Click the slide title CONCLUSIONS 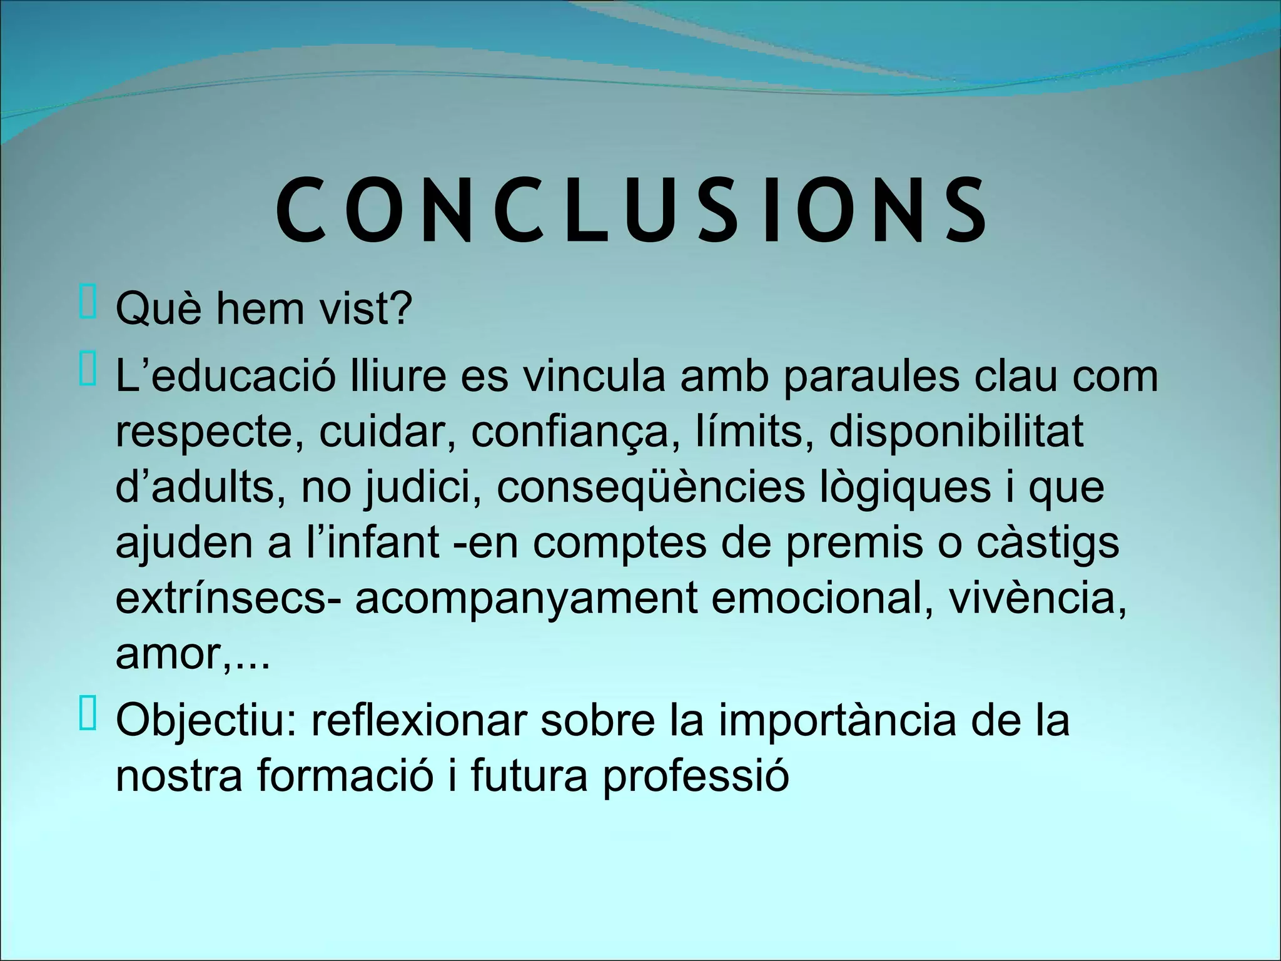click(x=632, y=211)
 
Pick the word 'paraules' click(x=871, y=377)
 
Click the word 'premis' click(x=854, y=543)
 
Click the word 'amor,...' click(x=193, y=654)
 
